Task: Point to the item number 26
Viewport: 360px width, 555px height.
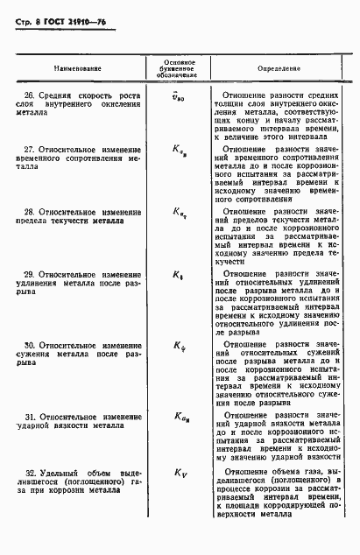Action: click(x=30, y=95)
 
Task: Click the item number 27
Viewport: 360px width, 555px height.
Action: click(x=30, y=150)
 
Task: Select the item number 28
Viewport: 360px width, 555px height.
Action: click(x=30, y=212)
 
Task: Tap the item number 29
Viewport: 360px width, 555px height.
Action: click(x=30, y=274)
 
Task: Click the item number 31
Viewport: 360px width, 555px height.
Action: click(x=30, y=415)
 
